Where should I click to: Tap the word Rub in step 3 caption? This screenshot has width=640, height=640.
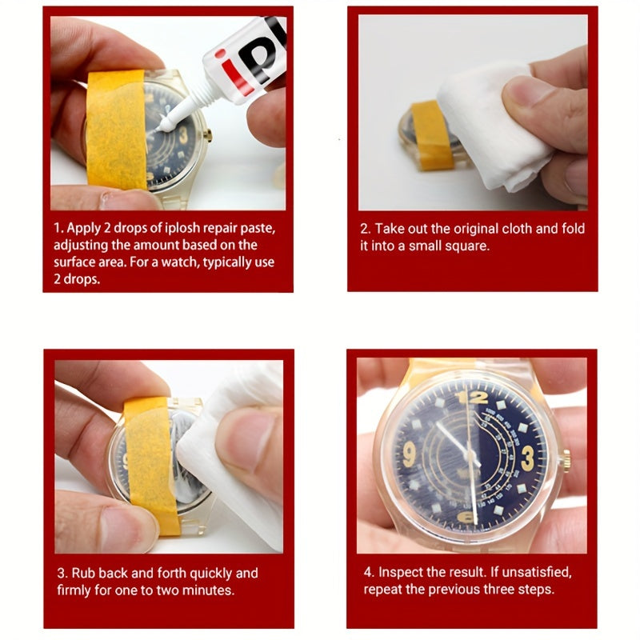click(83, 573)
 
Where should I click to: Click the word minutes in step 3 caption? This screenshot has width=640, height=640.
click(207, 590)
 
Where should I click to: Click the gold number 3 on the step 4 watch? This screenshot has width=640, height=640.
click(527, 458)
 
